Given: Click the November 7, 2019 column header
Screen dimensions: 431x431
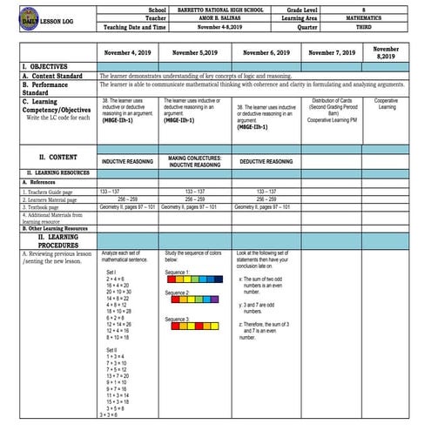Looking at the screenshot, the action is [x=334, y=54].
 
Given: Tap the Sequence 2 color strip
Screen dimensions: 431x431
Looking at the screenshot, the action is [x=192, y=304].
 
